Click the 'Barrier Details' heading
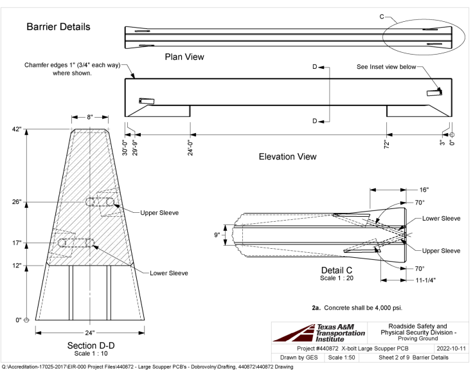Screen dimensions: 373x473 pos(58,27)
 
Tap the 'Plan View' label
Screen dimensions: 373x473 pos(184,57)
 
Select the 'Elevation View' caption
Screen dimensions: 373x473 pos(287,156)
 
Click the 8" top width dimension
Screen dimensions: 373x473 pos(90,117)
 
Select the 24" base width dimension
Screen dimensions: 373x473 pos(89,332)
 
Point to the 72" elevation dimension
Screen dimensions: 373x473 pos(386,144)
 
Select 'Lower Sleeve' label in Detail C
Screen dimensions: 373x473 pos(441,219)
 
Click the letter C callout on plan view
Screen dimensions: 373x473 pos(382,16)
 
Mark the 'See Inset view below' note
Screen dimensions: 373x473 pos(386,66)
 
